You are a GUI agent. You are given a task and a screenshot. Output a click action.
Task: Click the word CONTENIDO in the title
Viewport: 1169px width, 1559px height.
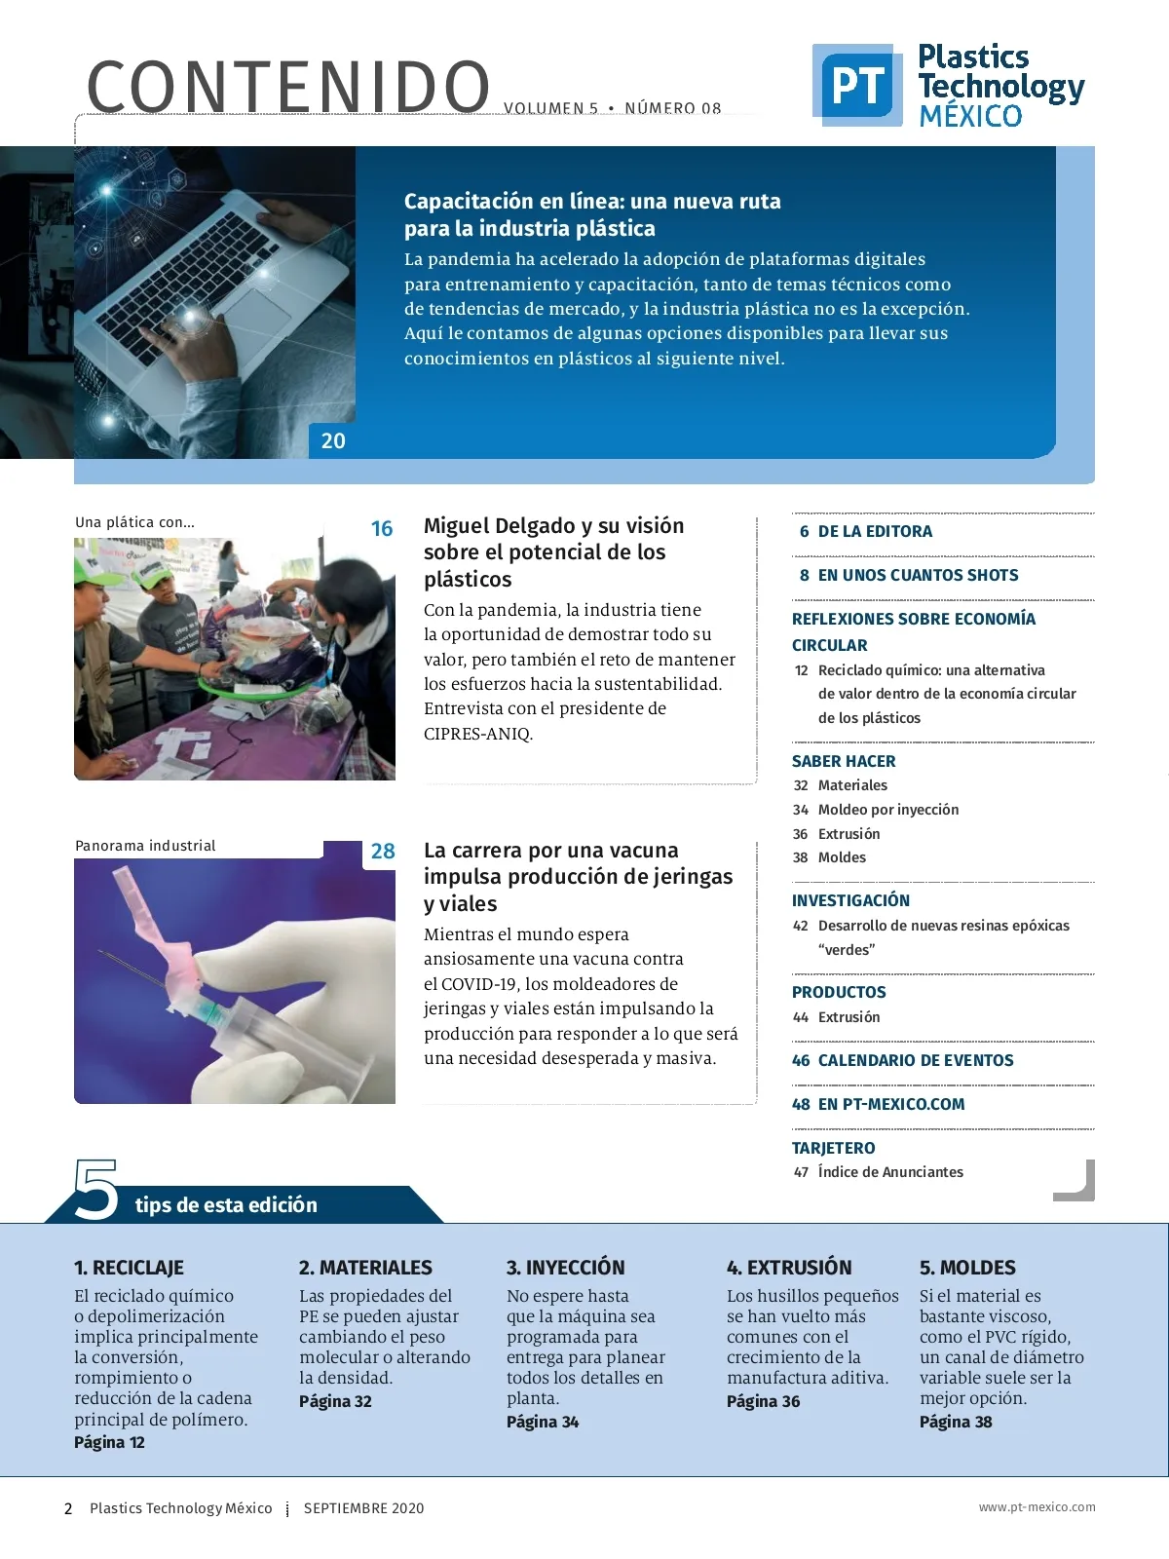pos(288,88)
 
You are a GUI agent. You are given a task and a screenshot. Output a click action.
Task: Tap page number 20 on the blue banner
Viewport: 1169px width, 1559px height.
pos(333,441)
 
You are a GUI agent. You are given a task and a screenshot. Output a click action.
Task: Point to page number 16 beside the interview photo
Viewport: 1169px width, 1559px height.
pos(382,529)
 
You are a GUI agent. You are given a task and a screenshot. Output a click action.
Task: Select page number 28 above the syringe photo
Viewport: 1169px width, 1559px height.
pos(383,852)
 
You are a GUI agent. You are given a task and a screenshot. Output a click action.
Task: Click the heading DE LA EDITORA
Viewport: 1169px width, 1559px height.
pos(875,532)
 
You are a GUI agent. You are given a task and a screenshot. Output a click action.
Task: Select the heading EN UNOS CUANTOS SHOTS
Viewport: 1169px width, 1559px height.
pos(918,576)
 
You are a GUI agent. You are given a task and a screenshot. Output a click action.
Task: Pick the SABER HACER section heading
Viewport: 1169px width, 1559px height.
pos(844,762)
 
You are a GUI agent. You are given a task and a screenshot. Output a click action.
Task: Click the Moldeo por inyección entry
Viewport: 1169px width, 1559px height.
pos(887,810)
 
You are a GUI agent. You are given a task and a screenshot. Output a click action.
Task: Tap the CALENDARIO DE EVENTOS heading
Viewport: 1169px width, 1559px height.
pos(915,1061)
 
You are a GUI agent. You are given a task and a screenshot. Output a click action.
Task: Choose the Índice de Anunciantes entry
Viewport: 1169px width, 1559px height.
pos(890,1172)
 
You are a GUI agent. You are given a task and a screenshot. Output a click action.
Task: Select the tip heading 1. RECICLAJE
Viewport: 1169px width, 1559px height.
pos(129,1268)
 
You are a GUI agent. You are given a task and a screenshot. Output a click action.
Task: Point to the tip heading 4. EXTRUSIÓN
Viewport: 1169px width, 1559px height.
pos(789,1268)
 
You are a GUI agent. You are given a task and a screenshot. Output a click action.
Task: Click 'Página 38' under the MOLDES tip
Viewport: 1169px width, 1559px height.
pos(956,1422)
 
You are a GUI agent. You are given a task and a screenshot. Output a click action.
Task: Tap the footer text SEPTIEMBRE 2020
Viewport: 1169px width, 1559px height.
pos(363,1508)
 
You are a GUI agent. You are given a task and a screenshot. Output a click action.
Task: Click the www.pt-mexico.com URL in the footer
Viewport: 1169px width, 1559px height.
pos(1037,1507)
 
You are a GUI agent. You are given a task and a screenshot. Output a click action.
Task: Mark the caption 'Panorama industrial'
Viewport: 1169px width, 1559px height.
pos(145,846)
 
